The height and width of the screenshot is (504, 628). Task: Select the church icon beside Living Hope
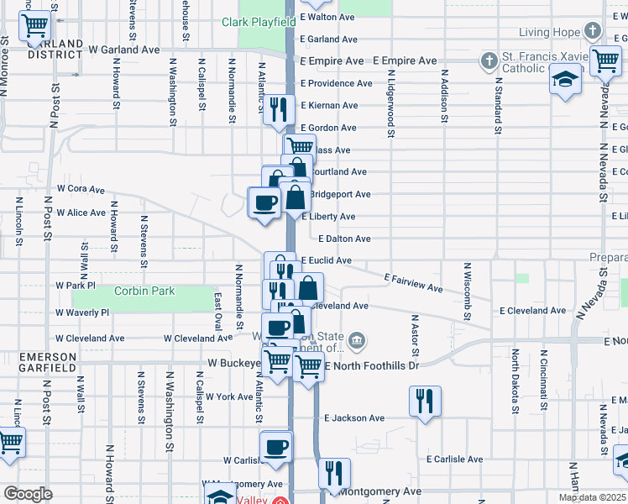click(x=593, y=32)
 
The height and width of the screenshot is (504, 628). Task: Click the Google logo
click(x=28, y=494)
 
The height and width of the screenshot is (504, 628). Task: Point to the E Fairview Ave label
click(x=413, y=282)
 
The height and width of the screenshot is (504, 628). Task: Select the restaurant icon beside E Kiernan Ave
click(x=279, y=108)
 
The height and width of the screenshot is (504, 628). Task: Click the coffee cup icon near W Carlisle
click(x=275, y=448)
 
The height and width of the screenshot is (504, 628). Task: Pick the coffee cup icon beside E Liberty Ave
click(x=264, y=202)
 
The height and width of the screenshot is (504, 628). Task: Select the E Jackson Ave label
click(x=354, y=417)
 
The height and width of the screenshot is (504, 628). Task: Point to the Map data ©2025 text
click(x=592, y=497)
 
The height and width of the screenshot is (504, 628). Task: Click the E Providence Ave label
click(x=336, y=83)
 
